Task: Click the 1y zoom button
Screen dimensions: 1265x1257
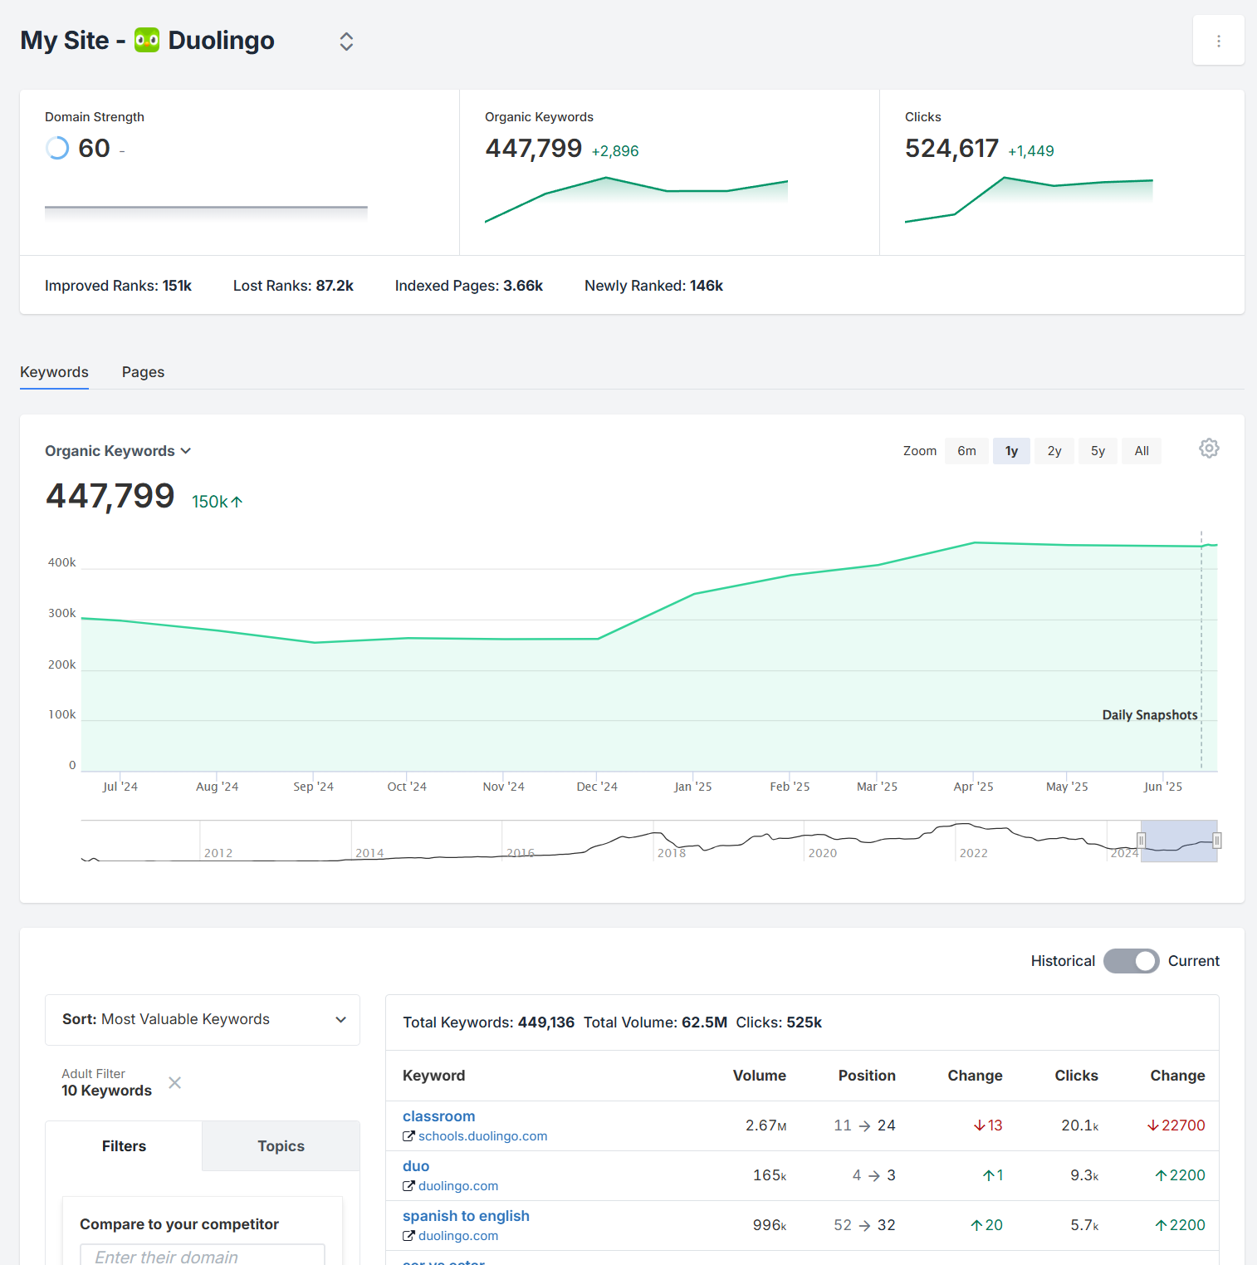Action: pos(1011,451)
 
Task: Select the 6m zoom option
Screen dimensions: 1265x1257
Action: pos(966,451)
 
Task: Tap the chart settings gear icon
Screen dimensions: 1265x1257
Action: pos(1209,449)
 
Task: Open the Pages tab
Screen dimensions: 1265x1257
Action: pos(143,372)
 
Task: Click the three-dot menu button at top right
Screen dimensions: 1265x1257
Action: pos(1218,41)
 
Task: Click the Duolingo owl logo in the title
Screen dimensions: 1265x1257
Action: pos(147,40)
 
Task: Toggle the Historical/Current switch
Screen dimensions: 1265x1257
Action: pos(1131,961)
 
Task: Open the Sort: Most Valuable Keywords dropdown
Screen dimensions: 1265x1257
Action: pos(203,1019)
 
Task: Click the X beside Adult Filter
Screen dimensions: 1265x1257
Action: pos(175,1082)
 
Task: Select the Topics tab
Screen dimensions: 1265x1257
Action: pos(281,1146)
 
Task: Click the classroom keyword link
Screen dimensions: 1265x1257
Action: pos(438,1116)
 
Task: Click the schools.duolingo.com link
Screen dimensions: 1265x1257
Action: pos(482,1136)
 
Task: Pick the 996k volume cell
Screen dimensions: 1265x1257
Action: pos(769,1225)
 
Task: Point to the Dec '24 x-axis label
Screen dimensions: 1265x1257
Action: pos(597,787)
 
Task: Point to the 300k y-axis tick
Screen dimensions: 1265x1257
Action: pos(62,614)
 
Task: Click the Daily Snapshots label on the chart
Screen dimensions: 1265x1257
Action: pos(1149,715)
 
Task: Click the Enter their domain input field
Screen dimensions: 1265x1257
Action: pos(203,1255)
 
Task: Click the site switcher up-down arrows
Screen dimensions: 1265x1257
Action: pos(346,42)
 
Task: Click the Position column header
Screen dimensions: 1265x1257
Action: pos(866,1076)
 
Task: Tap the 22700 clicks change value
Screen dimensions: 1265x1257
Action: pos(1181,1125)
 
